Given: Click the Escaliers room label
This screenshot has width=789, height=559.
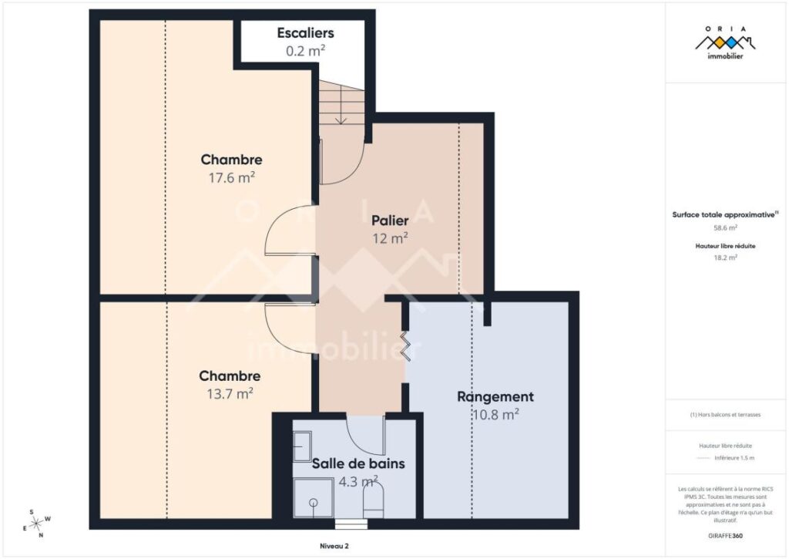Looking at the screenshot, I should [x=305, y=33].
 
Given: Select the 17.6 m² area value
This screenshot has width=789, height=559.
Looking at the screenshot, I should [x=231, y=177].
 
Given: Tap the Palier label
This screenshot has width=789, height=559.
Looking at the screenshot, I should [x=389, y=221].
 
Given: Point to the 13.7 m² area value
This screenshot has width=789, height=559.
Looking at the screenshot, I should [x=230, y=393].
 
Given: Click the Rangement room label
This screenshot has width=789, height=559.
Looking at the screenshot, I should [x=495, y=397].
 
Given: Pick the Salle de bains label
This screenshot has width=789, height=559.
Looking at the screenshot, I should [x=358, y=464].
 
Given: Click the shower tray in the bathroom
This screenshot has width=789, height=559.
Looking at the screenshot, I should [x=314, y=499].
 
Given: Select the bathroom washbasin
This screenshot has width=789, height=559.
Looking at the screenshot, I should [x=302, y=446].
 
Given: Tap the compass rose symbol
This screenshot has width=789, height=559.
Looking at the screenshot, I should [x=36, y=524].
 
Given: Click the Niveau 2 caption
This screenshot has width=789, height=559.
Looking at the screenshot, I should [x=334, y=546].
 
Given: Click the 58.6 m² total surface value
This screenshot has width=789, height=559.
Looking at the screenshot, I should [x=725, y=228].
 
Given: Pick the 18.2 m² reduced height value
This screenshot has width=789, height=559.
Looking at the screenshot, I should [x=725, y=258].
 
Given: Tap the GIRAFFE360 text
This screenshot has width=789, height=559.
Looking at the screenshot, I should [x=725, y=535].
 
